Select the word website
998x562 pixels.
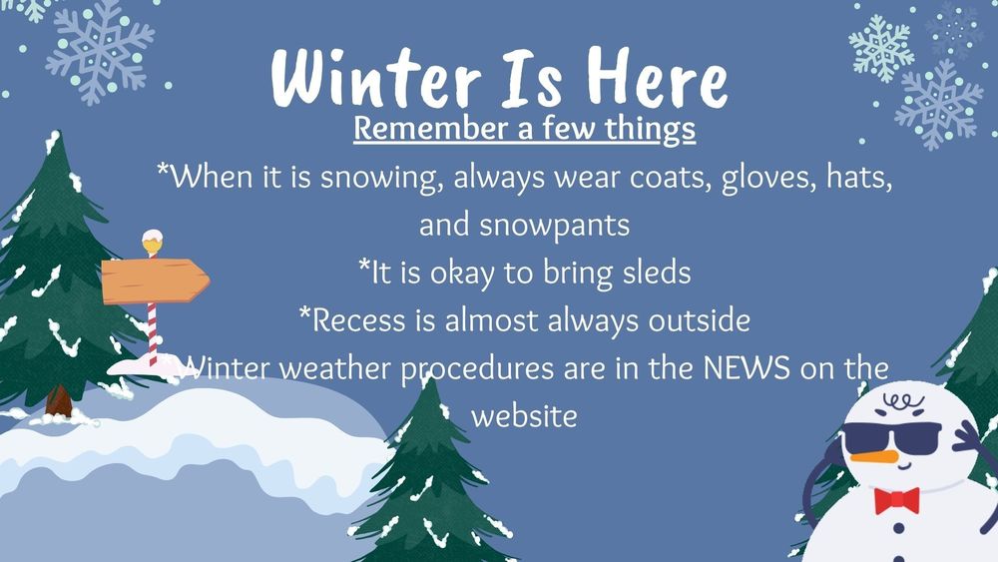click(x=524, y=414)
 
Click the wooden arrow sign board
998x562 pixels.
click(x=154, y=281)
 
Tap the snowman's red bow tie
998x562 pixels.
click(x=896, y=499)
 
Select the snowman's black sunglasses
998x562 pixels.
click(x=890, y=437)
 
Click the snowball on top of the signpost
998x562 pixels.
click(x=152, y=242)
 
